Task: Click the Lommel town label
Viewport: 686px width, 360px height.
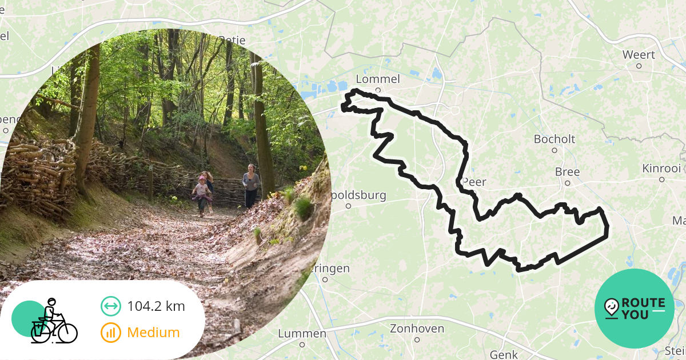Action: (x=377, y=79)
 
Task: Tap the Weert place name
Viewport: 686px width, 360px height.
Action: (x=639, y=55)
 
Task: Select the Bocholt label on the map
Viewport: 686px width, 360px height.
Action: (x=554, y=139)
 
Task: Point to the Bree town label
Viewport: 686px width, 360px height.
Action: (x=567, y=172)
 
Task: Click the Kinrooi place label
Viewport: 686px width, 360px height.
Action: (x=661, y=169)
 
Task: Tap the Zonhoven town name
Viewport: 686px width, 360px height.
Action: (x=417, y=328)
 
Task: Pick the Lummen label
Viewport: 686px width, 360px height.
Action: (x=302, y=333)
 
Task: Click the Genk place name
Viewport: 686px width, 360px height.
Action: (x=504, y=354)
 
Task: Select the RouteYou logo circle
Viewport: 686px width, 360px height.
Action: (x=635, y=309)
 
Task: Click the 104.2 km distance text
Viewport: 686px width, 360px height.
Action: (x=156, y=306)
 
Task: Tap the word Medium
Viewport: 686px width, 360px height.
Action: (x=153, y=332)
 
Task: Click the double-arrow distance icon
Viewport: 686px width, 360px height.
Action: (x=111, y=306)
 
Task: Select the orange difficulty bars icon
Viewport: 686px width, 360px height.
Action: (x=111, y=332)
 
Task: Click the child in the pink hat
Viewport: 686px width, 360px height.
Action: (x=201, y=195)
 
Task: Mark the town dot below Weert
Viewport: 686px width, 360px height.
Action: (x=639, y=66)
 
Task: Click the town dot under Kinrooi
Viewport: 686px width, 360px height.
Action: (x=661, y=179)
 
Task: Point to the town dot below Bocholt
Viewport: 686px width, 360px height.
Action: (x=554, y=150)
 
